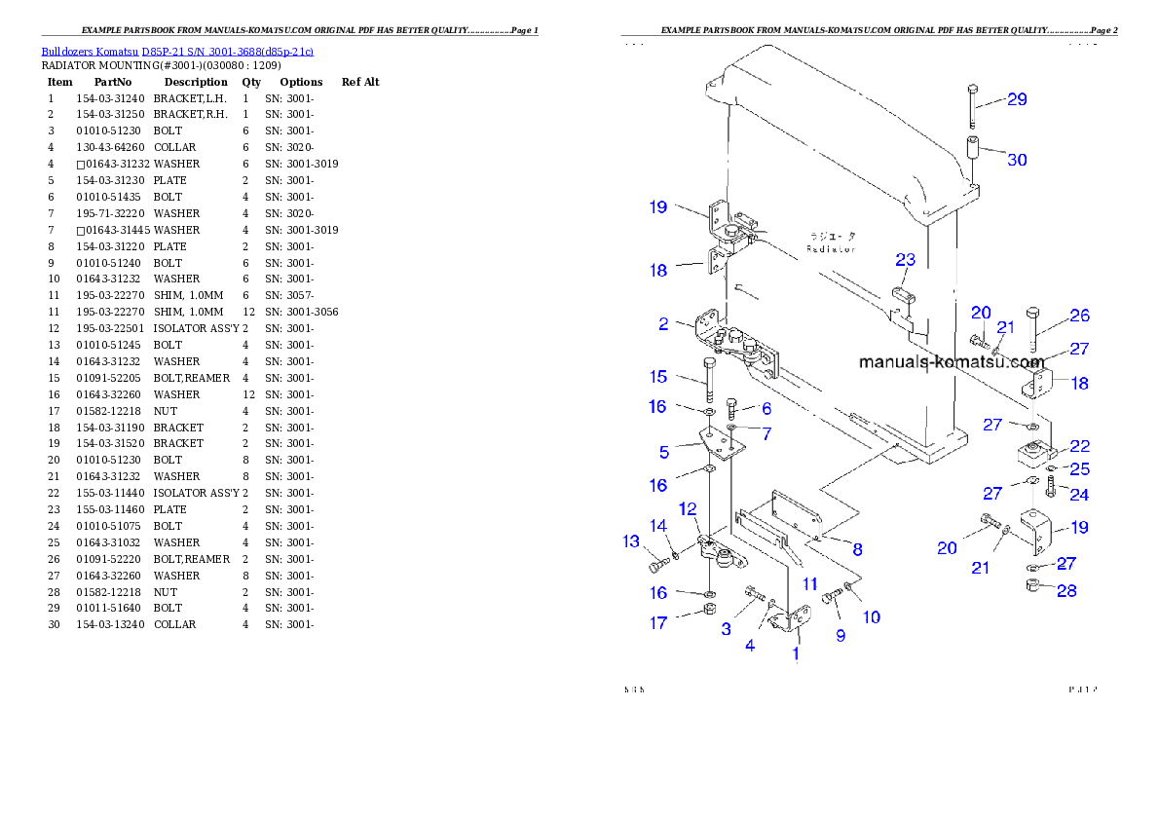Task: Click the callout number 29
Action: coord(1016,99)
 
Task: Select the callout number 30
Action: coord(1016,160)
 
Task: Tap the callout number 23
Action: coord(906,260)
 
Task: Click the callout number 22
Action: coord(1079,446)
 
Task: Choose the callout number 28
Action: coord(1066,591)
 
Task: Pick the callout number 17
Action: coord(658,622)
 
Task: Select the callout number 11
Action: coord(809,584)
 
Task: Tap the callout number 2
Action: coord(663,324)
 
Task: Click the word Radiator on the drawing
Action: coord(831,249)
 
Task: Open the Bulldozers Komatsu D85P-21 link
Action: coord(176,51)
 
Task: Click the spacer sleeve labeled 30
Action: coord(972,154)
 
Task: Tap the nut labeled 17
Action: coord(711,611)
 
